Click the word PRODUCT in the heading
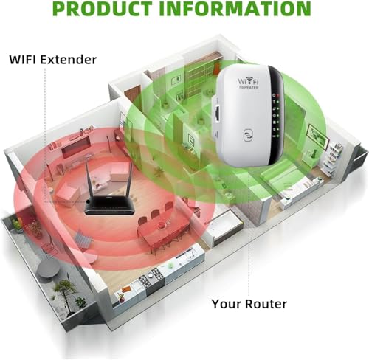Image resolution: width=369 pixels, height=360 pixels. [102, 9]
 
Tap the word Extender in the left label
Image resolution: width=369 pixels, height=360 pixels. [69, 60]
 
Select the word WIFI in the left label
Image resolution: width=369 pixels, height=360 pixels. [23, 60]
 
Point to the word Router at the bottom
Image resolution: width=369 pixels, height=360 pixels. [266, 304]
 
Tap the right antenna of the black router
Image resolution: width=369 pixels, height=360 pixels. [130, 179]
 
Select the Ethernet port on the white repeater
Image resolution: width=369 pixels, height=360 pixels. [218, 114]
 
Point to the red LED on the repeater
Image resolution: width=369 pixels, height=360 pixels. [278, 95]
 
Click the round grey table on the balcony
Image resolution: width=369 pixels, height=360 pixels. [47, 269]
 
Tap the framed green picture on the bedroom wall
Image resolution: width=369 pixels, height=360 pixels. [319, 137]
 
